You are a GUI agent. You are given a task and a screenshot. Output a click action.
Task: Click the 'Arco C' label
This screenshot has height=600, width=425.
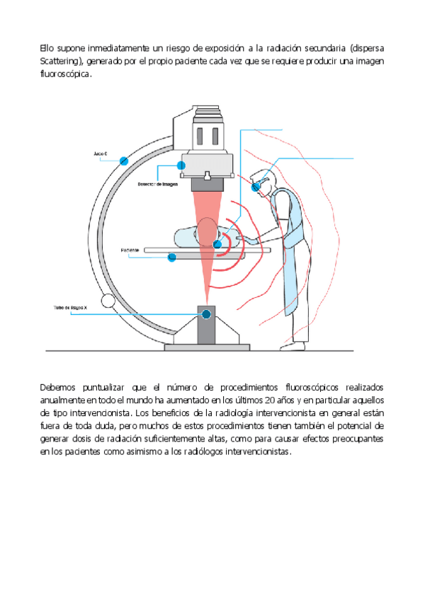coord(100,153)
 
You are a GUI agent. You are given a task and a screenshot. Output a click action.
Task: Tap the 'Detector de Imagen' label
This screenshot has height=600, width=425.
coord(157,183)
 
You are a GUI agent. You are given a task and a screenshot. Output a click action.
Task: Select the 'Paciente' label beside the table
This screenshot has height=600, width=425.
coord(130,250)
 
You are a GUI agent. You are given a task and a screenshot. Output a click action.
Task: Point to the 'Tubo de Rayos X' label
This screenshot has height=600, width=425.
coord(70,308)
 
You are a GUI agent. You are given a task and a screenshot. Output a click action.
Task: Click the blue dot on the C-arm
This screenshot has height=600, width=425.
coord(124,161)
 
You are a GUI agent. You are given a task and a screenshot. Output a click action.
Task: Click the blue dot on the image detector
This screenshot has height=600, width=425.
coord(181,165)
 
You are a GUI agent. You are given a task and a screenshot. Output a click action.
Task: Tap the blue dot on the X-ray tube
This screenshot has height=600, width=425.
coord(206,313)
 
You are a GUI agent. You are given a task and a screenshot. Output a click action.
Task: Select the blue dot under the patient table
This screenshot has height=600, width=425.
coord(171,258)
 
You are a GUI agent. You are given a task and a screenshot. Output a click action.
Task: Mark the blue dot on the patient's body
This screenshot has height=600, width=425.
coord(217,245)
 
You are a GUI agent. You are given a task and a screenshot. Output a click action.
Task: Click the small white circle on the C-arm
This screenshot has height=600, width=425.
coord(108,301)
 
